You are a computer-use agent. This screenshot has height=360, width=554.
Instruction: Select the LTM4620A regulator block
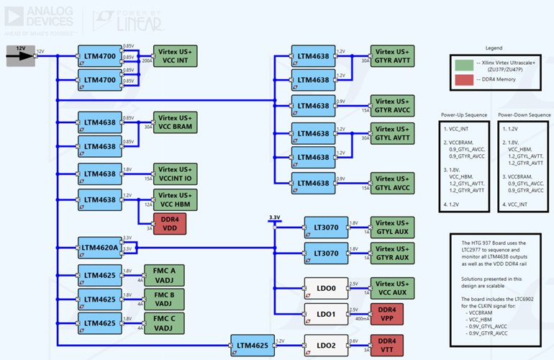(99, 248)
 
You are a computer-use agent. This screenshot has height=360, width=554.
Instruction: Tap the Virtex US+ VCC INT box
(175, 56)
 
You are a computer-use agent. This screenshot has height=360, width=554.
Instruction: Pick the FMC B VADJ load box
(165, 298)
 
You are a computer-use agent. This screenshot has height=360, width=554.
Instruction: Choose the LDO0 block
(327, 289)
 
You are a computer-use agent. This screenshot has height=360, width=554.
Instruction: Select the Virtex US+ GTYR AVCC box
(392, 105)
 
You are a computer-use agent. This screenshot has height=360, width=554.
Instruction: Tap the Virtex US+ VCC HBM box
(175, 199)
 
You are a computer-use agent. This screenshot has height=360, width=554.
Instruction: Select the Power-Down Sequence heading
(524, 115)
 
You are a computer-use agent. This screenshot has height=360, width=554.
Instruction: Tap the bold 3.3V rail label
(274, 217)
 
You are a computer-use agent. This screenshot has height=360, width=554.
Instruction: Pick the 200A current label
(146, 62)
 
